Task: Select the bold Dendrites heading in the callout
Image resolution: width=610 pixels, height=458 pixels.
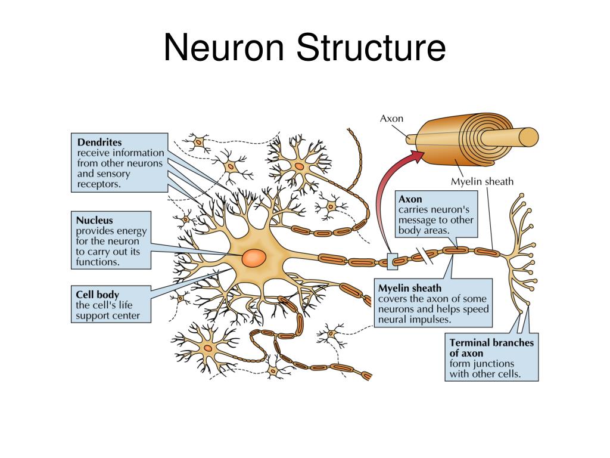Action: (x=99, y=143)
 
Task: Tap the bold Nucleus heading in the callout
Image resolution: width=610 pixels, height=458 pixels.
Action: (x=94, y=220)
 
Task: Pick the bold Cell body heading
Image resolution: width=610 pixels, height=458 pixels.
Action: (x=98, y=294)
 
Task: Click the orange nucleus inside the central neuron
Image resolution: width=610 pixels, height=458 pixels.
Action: (x=254, y=258)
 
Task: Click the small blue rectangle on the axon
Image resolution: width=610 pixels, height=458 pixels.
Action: (x=392, y=261)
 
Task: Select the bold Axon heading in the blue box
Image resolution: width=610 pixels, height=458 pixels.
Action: (x=410, y=199)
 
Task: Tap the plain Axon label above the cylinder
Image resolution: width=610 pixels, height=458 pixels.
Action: (x=391, y=118)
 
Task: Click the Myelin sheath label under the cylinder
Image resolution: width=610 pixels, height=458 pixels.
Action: (x=482, y=181)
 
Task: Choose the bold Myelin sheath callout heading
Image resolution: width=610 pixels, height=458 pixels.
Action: (x=410, y=289)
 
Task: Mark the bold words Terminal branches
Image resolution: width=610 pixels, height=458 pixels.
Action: (x=491, y=342)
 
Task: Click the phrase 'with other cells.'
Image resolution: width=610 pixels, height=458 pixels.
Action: (x=485, y=375)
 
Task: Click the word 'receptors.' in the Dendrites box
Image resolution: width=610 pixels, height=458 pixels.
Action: (x=99, y=184)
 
